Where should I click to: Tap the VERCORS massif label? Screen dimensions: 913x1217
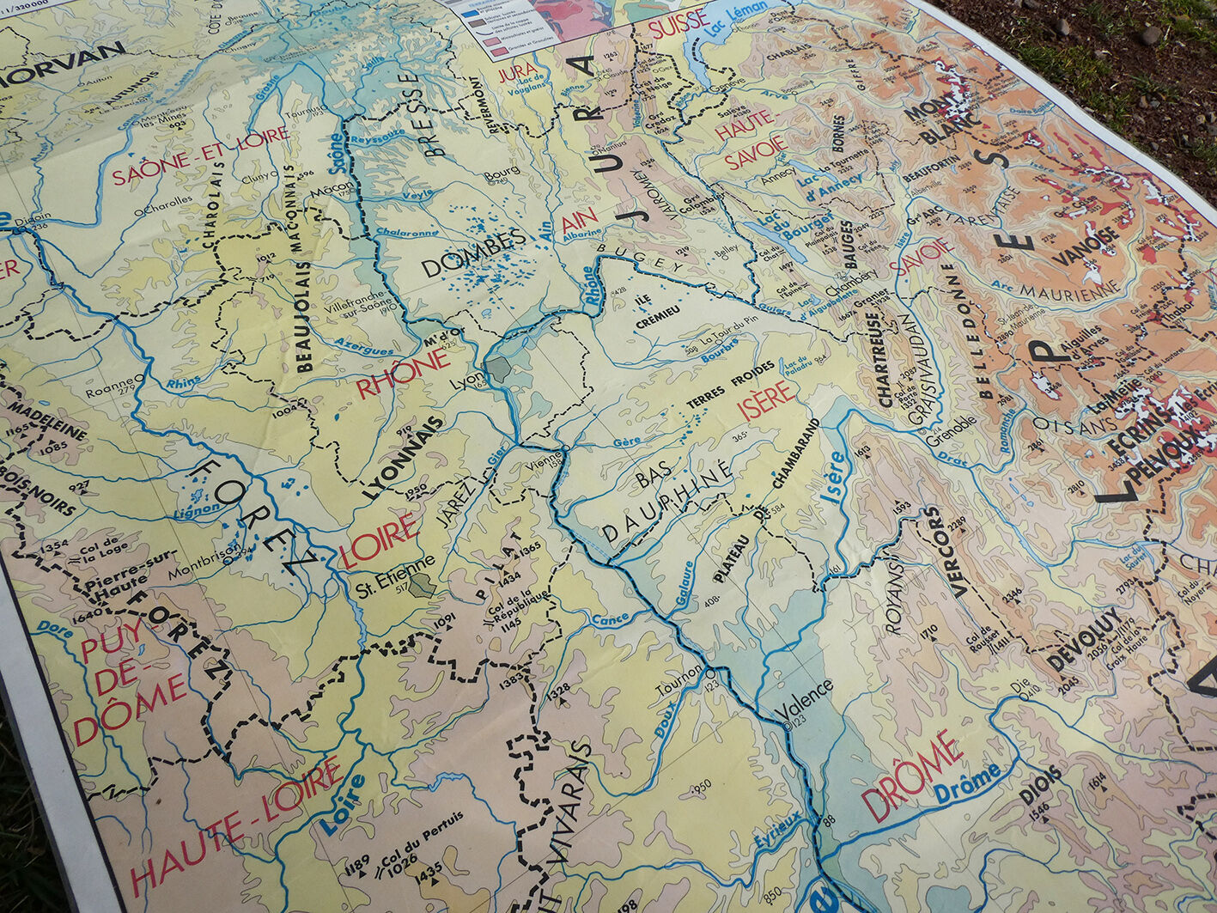pyautogui.click(x=946, y=551)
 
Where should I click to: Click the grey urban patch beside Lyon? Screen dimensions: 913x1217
pyautogui.click(x=498, y=370)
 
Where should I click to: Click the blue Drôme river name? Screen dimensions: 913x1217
pyautogui.click(x=967, y=782)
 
